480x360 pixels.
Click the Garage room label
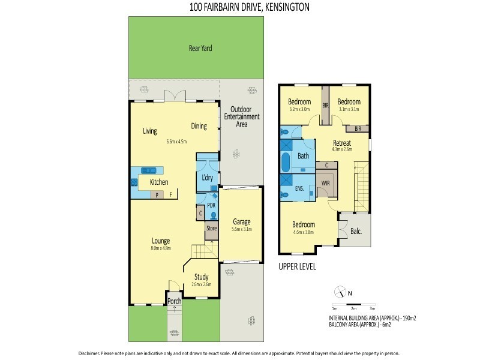tap(241, 222)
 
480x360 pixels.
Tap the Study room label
tap(201, 277)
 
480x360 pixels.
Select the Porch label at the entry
tap(174, 301)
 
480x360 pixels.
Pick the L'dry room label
tap(207, 178)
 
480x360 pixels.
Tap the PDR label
tap(211, 205)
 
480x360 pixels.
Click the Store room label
tap(211, 229)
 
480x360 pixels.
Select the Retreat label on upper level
tap(341, 142)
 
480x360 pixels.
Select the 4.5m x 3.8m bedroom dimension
tap(303, 232)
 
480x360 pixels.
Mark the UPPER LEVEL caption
tap(298, 266)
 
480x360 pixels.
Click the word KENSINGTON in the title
tap(282, 7)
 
